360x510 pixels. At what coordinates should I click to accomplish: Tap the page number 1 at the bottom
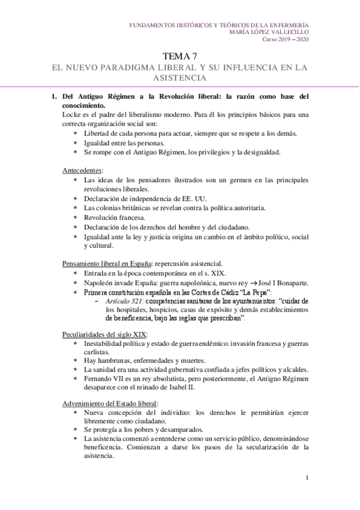coord(307,478)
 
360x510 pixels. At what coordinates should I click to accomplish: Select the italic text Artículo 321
coord(124,300)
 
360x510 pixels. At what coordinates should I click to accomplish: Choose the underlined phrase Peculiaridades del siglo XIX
coord(105,334)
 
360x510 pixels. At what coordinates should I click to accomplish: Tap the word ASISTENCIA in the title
coord(180,78)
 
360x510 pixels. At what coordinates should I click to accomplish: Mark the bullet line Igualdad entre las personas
coord(124,143)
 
